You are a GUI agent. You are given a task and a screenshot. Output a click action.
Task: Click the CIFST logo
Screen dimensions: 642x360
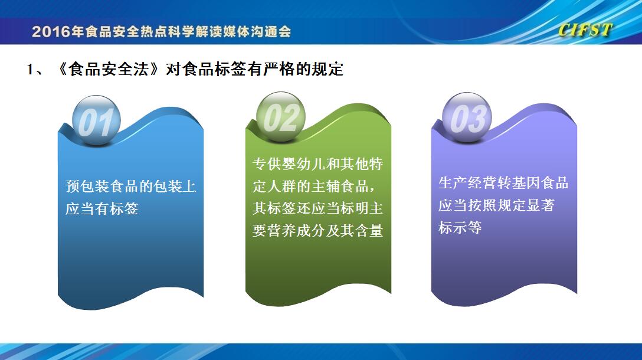click(x=585, y=30)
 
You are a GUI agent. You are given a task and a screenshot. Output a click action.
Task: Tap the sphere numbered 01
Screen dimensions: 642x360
click(x=96, y=120)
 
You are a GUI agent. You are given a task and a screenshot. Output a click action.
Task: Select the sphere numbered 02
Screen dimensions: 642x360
click(x=281, y=117)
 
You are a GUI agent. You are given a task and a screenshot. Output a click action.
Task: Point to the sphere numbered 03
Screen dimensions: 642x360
click(x=467, y=117)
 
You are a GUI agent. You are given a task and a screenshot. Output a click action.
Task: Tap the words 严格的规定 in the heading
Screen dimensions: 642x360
click(x=303, y=69)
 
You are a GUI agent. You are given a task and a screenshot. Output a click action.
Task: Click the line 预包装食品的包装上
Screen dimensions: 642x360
click(x=130, y=186)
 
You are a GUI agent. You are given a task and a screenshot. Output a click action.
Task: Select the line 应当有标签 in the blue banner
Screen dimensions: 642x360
click(x=102, y=209)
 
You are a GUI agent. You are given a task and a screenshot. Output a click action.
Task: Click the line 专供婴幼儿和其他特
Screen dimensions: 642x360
click(x=317, y=164)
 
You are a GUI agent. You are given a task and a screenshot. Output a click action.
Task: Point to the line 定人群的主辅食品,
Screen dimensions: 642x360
click(x=314, y=186)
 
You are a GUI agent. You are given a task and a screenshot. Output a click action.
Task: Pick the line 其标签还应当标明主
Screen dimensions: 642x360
click(x=317, y=208)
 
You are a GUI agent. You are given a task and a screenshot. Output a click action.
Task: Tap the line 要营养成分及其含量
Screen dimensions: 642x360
click(x=317, y=231)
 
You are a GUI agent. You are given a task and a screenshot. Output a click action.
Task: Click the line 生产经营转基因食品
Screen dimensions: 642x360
click(x=503, y=183)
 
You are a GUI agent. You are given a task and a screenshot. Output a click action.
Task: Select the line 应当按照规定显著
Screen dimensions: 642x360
click(x=496, y=205)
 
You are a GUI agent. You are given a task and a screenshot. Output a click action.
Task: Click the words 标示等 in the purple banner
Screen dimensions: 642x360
click(x=460, y=227)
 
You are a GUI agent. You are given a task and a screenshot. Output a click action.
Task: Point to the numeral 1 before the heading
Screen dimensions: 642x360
click(x=30, y=70)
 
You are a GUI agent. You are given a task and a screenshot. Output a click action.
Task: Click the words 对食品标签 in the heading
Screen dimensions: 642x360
click(x=206, y=69)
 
